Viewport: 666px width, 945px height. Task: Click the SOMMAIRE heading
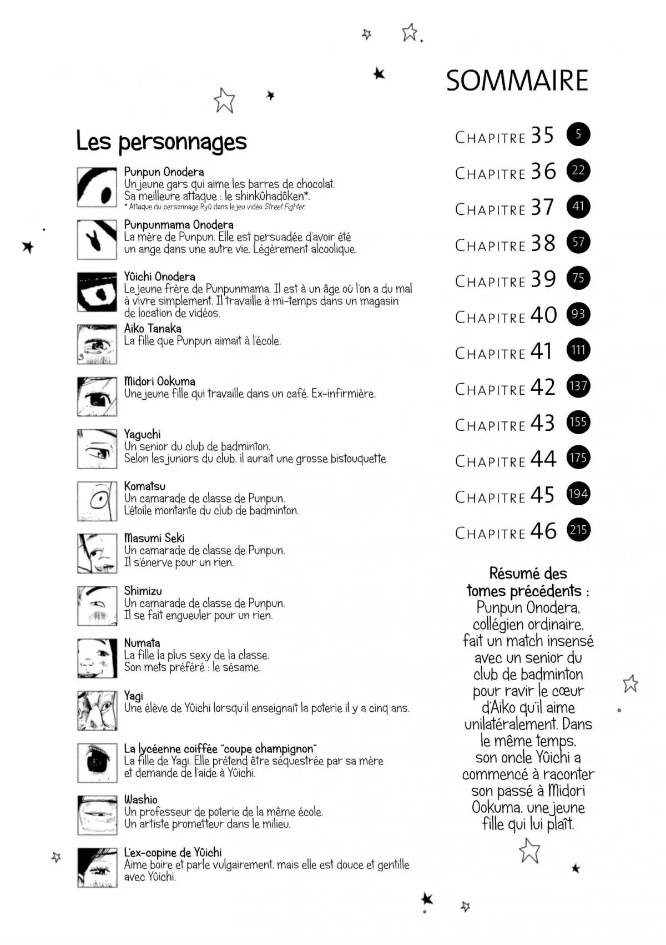coord(517,81)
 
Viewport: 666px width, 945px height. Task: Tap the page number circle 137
coord(578,386)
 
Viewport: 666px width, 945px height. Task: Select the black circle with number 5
coord(578,134)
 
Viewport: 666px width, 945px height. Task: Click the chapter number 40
coord(543,315)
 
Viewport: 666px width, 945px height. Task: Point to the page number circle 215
coord(578,530)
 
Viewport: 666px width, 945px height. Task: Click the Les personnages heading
coord(162,142)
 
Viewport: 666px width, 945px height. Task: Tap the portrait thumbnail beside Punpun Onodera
coord(97,188)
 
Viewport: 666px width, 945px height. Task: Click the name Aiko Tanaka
coord(153,329)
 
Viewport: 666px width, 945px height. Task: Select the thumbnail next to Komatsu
coord(97,501)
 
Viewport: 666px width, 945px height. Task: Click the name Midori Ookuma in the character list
coord(160,381)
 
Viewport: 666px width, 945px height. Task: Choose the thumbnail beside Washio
coord(97,815)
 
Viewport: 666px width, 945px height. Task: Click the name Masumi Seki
coord(154,538)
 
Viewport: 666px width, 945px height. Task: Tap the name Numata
coord(142,643)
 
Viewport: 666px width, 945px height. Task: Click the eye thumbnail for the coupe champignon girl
coord(97,762)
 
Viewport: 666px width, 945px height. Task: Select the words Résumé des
coord(528,574)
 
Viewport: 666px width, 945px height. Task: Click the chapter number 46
coord(543,531)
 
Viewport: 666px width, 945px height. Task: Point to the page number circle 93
coord(578,314)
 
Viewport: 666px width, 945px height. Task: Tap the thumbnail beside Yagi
coord(97,710)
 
